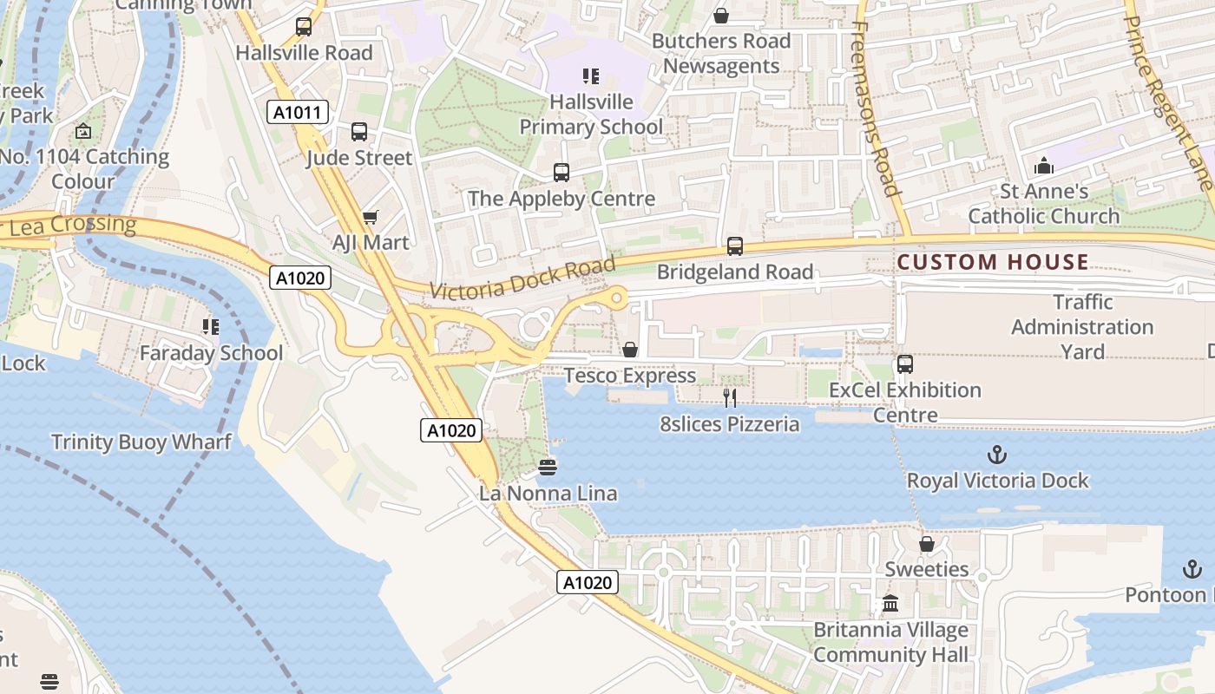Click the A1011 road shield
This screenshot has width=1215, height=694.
[297, 112]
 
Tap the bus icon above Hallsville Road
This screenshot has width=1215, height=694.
[303, 27]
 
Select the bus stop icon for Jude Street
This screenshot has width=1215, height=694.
[358, 132]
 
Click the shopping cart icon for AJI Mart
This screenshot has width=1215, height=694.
[371, 217]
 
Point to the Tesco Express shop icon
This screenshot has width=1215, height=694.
[630, 350]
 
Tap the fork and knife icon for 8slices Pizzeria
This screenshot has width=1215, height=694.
[730, 398]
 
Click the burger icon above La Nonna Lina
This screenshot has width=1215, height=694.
[548, 468]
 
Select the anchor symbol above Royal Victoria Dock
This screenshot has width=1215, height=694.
[997, 455]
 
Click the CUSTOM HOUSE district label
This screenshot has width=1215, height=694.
[993, 262]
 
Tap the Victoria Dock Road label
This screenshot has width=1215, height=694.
[522, 278]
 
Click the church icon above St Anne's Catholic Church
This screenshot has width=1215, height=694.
[1044, 165]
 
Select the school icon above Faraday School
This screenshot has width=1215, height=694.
[211, 327]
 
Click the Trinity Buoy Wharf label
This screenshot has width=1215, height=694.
[141, 442]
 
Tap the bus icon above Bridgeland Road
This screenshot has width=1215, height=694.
[735, 246]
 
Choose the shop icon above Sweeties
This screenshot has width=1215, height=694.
[927, 544]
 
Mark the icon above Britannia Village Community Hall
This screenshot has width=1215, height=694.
[890, 604]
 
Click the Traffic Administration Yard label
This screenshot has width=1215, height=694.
[1082, 327]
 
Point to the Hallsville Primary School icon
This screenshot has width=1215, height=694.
[591, 76]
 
